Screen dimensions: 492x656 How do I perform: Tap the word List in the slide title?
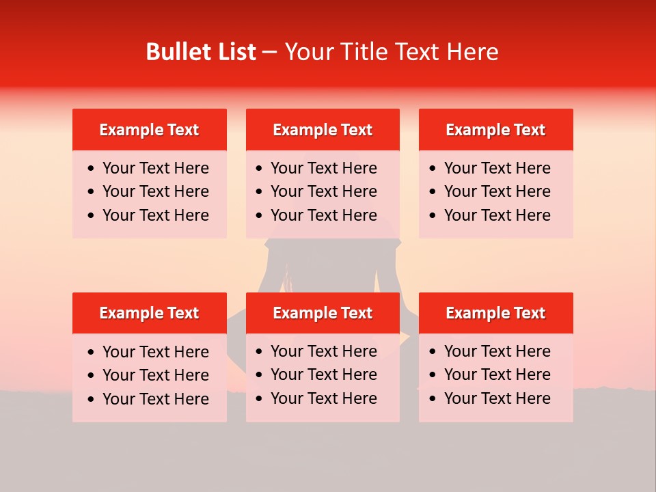235,52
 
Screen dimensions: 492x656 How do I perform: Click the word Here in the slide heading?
473,52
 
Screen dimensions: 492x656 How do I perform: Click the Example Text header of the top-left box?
149,130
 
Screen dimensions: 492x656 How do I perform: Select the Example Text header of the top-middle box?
323,130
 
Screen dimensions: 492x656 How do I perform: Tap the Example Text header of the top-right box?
495,130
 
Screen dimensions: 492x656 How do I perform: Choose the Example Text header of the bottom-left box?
149,313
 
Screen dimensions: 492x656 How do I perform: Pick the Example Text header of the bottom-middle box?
323,313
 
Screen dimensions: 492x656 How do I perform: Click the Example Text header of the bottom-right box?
495,313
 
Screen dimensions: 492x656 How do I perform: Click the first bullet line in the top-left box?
156,168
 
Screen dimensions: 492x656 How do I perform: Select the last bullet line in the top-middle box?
324,215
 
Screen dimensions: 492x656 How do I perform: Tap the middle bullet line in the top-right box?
497,191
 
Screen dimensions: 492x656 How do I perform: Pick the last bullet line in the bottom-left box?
156,399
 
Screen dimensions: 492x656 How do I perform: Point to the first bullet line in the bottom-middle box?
324,351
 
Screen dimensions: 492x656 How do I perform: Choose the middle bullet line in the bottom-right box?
497,374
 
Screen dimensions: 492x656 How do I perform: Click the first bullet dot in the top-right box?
433,169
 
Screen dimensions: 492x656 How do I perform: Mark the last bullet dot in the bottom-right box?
433,399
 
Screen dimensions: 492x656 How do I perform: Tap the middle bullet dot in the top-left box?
92,192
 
